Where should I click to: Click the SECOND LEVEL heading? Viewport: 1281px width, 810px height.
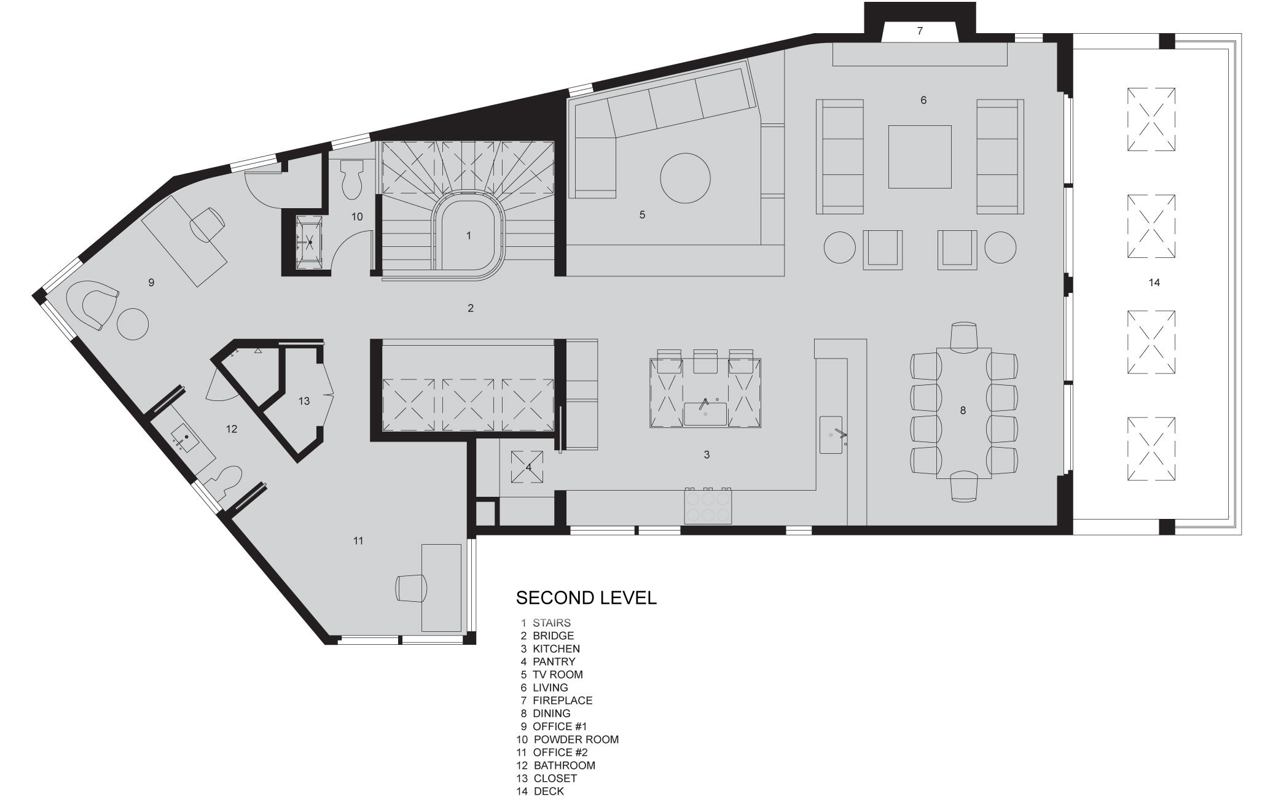point(586,598)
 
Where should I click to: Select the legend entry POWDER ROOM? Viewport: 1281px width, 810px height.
point(576,739)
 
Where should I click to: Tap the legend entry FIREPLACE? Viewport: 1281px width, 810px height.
point(562,700)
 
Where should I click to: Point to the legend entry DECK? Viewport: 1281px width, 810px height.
point(549,791)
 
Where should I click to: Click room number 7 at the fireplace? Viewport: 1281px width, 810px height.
point(920,31)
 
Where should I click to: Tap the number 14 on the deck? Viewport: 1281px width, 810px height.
point(1154,282)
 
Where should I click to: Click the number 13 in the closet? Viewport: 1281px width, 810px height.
point(304,401)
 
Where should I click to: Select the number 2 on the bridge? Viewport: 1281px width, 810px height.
point(471,308)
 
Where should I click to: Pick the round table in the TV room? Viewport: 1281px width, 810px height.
point(685,178)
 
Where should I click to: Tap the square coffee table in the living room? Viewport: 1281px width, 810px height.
point(920,157)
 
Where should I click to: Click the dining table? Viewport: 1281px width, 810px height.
point(964,413)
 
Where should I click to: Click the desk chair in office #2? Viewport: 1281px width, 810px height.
point(411,588)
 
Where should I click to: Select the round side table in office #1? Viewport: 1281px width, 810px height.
point(132,323)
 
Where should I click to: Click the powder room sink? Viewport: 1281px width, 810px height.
point(309,242)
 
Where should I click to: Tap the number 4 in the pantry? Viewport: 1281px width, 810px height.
point(528,467)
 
